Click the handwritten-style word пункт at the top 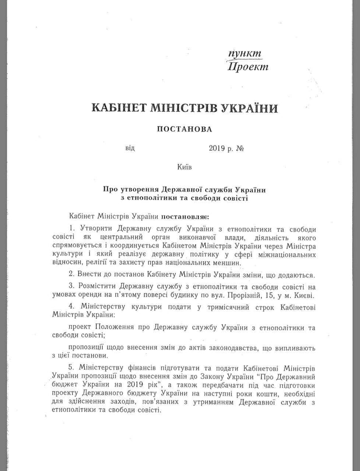(x=245, y=54)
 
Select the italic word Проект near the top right (x=248, y=67)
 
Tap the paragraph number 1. (x=72, y=229)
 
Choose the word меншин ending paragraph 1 (x=225, y=263)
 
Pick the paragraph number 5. (x=72, y=368)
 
